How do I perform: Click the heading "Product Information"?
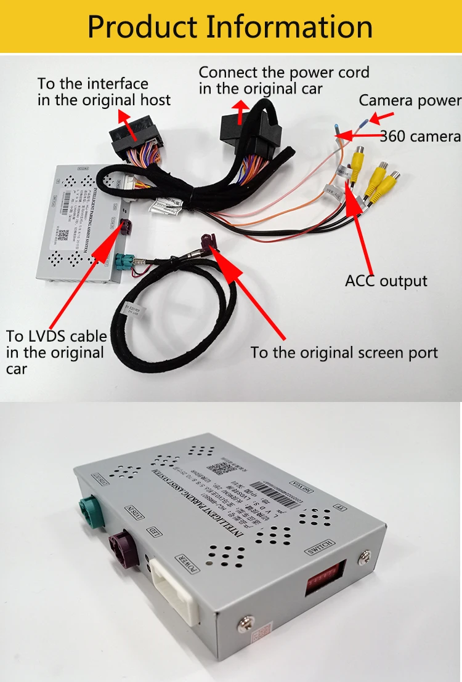click(230, 27)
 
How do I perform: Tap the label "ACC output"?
click(386, 281)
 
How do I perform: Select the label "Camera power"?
click(410, 100)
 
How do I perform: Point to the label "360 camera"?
click(419, 136)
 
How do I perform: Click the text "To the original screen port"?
click(344, 353)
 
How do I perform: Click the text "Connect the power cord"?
click(284, 72)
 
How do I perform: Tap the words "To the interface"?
click(93, 84)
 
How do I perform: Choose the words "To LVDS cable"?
click(56, 336)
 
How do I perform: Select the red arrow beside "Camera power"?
click(384, 116)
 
